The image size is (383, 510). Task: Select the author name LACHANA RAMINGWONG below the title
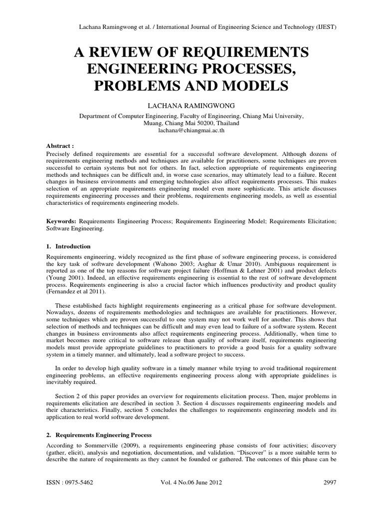point(191,106)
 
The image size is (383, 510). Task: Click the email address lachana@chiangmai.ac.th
point(191,128)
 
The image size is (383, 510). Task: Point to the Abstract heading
point(59,146)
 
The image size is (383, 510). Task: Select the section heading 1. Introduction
point(68,246)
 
